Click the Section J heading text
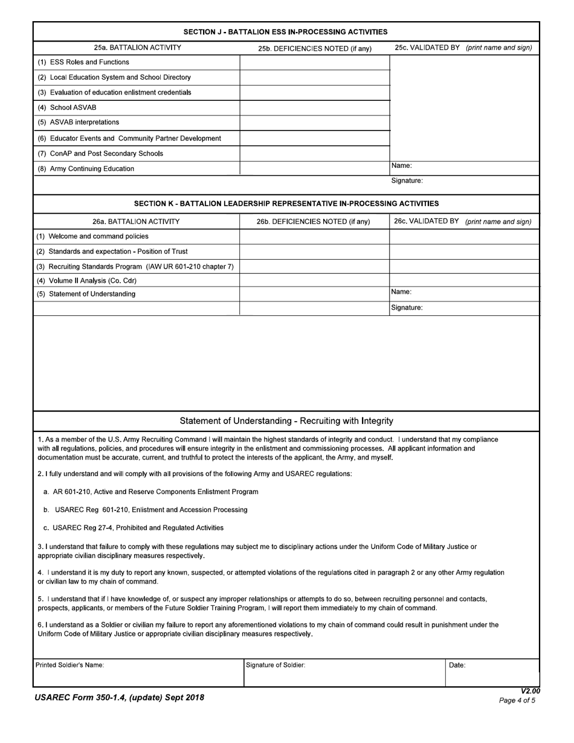[x=286, y=32]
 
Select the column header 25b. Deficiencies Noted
[x=315, y=48]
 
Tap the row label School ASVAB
[x=66, y=108]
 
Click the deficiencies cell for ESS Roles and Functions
[x=315, y=62]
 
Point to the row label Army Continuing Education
[x=86, y=169]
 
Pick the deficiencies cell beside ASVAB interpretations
[x=315, y=123]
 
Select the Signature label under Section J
[x=407, y=181]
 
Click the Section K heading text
[x=286, y=204]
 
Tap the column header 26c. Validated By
[x=463, y=222]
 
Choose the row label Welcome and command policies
[x=92, y=236]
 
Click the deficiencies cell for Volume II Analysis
[x=315, y=280]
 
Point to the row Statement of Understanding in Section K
[x=86, y=294]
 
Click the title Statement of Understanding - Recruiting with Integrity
[x=286, y=421]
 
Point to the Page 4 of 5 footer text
[x=517, y=701]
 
